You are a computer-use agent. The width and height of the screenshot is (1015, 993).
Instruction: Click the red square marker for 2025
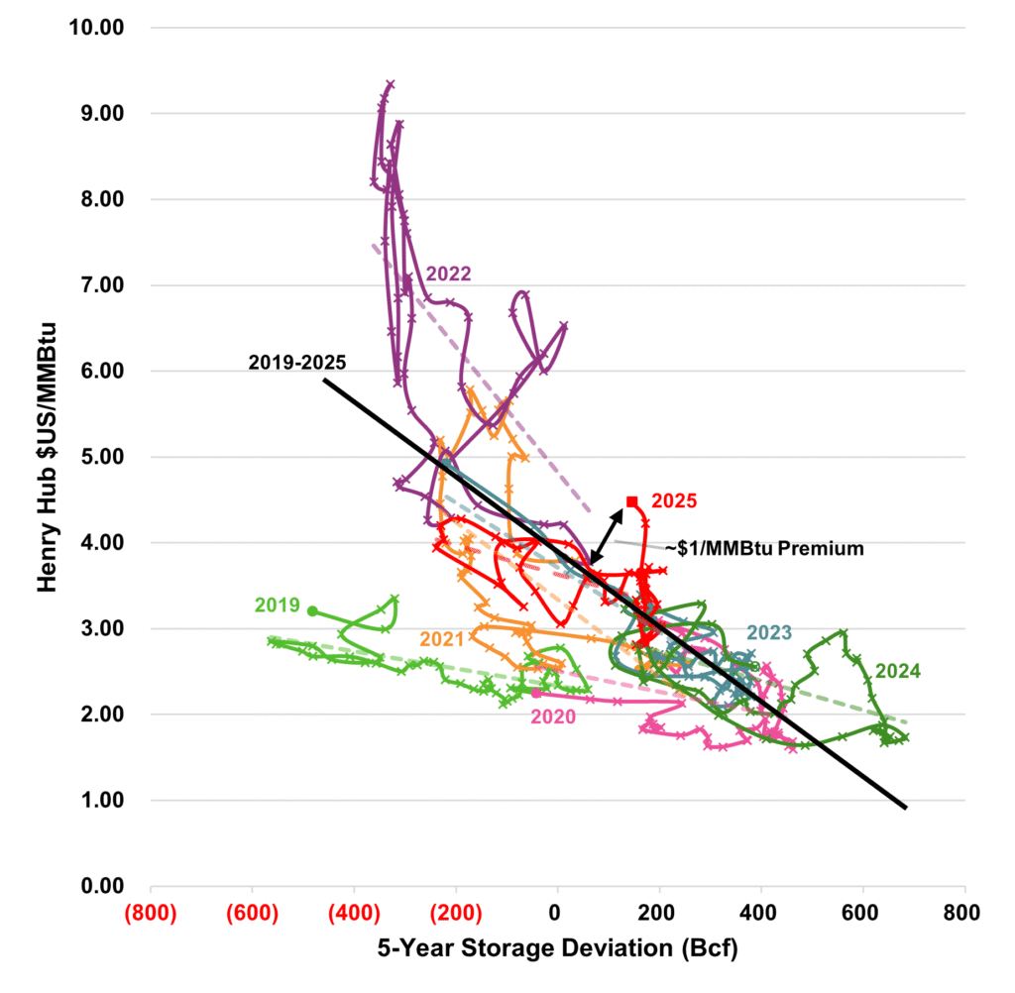click(631, 501)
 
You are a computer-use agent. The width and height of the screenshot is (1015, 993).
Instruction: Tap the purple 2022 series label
click(449, 275)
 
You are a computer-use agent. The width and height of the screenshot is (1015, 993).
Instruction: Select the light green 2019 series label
click(278, 605)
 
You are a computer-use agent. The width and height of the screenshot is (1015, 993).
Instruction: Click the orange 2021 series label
click(443, 639)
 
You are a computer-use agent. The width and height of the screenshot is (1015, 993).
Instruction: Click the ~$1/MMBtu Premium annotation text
click(750, 548)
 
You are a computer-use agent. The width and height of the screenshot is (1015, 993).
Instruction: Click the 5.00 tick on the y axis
click(104, 457)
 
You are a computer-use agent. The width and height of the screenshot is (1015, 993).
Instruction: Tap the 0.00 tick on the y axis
click(104, 886)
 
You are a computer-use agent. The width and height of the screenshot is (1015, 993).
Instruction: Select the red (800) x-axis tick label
click(151, 913)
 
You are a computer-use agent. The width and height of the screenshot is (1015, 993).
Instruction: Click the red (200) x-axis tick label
click(456, 913)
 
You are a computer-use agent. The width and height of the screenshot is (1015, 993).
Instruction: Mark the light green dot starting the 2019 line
click(312, 611)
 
